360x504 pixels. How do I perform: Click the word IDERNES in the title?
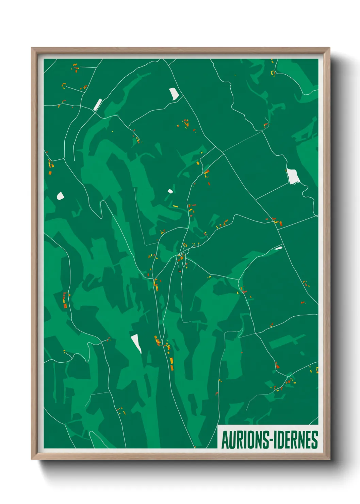pyautogui.click(x=295, y=440)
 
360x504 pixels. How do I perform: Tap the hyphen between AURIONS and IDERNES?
pyautogui.click(x=271, y=440)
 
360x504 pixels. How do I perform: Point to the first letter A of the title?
pyautogui.click(x=225, y=440)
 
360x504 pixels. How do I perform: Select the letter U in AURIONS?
pyautogui.click(x=232, y=440)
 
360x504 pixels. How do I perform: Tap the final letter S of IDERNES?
pyautogui.click(x=314, y=440)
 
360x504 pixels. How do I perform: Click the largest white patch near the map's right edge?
pyautogui.click(x=292, y=176)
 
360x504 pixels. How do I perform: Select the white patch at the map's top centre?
pyautogui.click(x=174, y=94)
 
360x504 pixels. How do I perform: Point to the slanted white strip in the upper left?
pyautogui.click(x=98, y=104)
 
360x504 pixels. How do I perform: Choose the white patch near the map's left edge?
pyautogui.click(x=60, y=196)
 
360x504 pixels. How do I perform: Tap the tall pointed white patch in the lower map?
pyautogui.click(x=136, y=343)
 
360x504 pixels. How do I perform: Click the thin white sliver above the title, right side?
pyautogui.click(x=278, y=248)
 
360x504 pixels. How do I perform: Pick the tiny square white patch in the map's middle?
pyautogui.click(x=170, y=191)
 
